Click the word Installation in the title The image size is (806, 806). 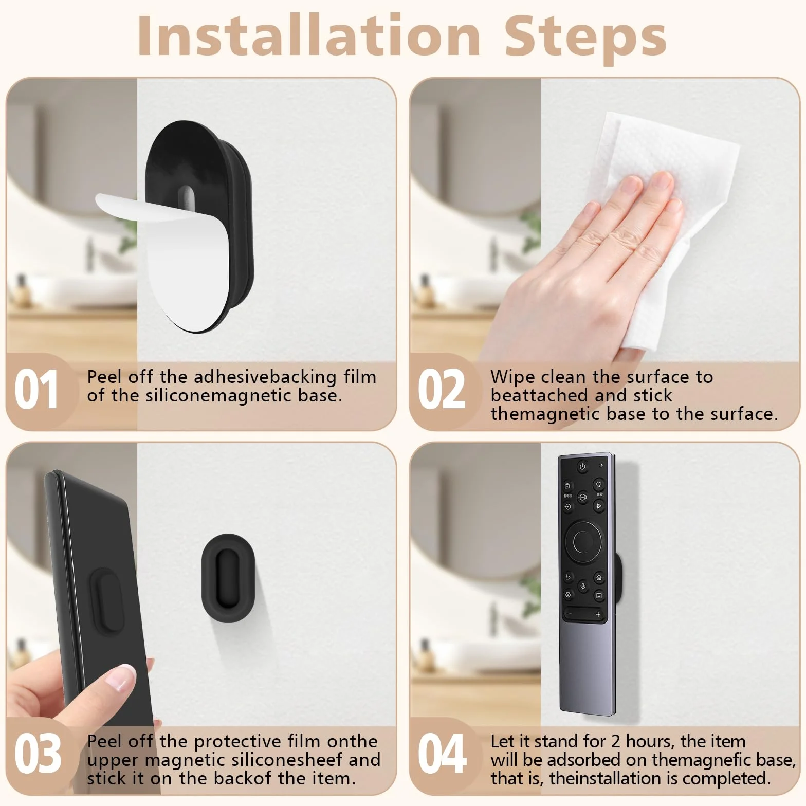click(x=309, y=35)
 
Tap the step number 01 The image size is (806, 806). click(x=36, y=390)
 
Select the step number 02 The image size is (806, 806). click(x=441, y=390)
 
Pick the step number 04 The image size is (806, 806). click(x=442, y=754)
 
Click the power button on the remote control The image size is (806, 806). click(x=582, y=467)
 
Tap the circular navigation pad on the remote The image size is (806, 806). click(x=583, y=541)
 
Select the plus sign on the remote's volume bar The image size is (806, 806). click(x=598, y=614)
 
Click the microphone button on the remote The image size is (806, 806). click(x=583, y=586)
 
